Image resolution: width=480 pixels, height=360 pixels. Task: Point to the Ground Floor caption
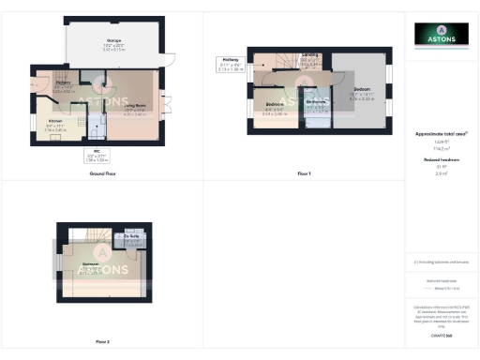click(102, 174)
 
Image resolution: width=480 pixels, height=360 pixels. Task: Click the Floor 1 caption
click(303, 174)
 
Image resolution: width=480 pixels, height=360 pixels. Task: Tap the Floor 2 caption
click(102, 341)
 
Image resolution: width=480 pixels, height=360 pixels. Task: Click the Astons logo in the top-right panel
click(442, 35)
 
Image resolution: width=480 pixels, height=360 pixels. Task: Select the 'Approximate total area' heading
click(441, 134)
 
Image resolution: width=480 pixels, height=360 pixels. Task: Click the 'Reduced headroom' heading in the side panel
click(441, 160)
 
